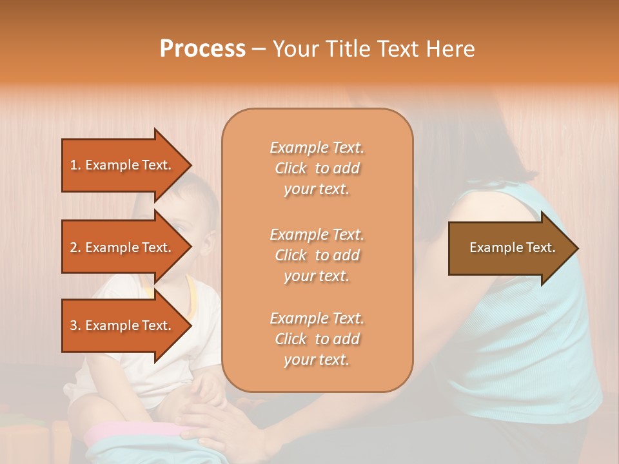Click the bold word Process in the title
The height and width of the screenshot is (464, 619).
(202, 49)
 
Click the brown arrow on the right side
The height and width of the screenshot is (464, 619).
(509, 248)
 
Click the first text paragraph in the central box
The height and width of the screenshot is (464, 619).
(317, 168)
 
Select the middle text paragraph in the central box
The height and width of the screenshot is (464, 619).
(317, 255)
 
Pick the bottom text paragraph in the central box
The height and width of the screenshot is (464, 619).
(317, 339)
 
